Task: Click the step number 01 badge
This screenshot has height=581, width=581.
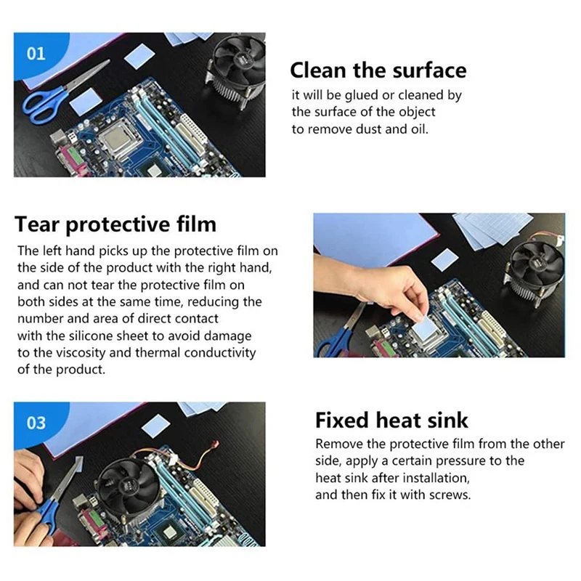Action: (x=36, y=54)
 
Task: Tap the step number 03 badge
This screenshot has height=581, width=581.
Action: (x=36, y=423)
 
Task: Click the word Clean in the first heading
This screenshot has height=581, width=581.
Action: (x=317, y=70)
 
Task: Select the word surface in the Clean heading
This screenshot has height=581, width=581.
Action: (x=429, y=70)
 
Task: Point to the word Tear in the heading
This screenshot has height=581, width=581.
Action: (x=36, y=224)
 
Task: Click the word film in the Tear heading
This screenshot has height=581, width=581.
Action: (x=196, y=224)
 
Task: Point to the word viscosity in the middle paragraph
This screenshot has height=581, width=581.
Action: (x=77, y=353)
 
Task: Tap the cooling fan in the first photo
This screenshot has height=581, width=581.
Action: (x=237, y=70)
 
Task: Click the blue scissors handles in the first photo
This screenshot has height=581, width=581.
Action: (x=44, y=105)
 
